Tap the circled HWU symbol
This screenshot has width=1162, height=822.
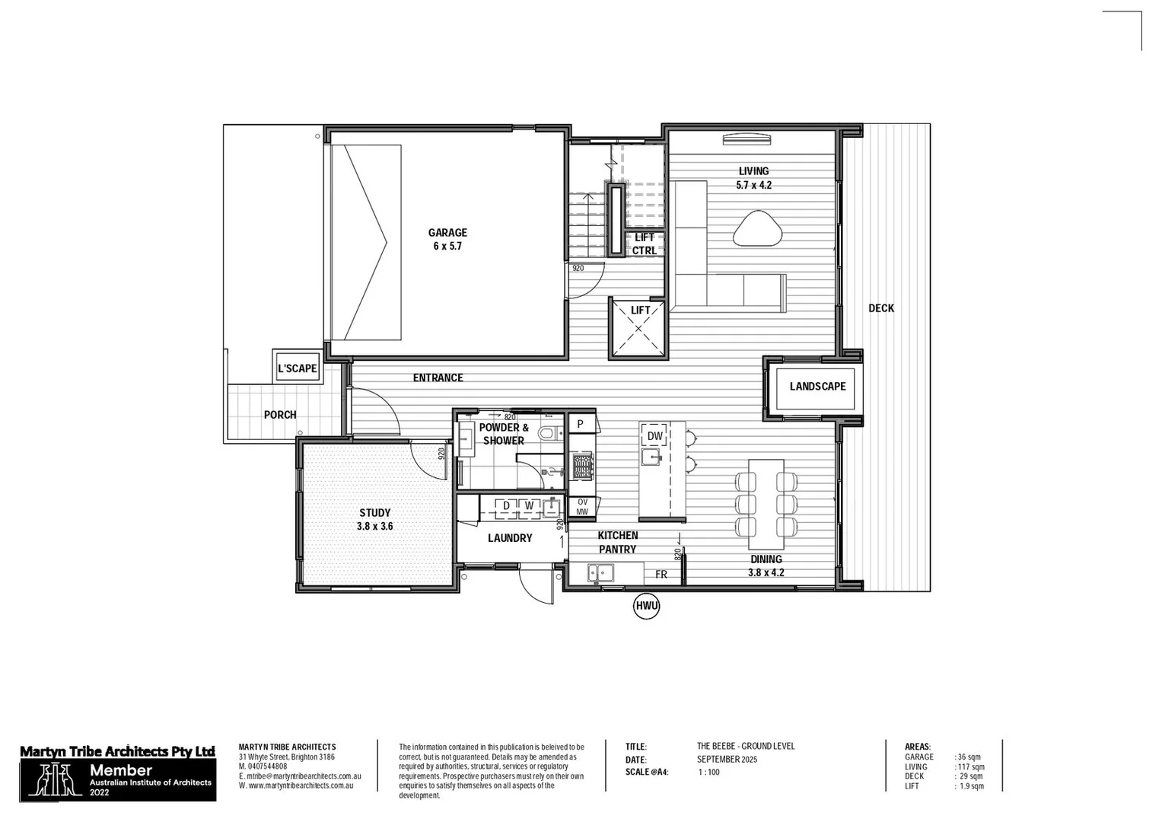coord(646,606)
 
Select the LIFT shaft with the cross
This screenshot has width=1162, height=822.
coord(638,329)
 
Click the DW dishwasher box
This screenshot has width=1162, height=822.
coord(654,436)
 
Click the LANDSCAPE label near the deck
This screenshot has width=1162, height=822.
coord(817,387)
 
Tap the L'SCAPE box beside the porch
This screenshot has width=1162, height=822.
coord(297,368)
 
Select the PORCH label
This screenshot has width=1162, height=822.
coord(280,415)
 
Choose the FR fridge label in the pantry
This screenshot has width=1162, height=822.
coord(661,575)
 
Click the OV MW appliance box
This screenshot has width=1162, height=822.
coord(582,507)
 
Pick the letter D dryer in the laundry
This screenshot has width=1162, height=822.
coord(506,505)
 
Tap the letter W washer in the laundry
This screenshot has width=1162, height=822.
coord(529,505)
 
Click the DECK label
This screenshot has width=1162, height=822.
coord(881,308)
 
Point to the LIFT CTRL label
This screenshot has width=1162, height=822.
coord(644,244)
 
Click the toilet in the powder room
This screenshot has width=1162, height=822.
coord(546,434)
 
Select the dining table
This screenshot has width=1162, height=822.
coord(766,504)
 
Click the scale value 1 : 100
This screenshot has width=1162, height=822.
coord(708,773)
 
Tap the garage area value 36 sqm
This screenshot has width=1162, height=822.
coord(969,757)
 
